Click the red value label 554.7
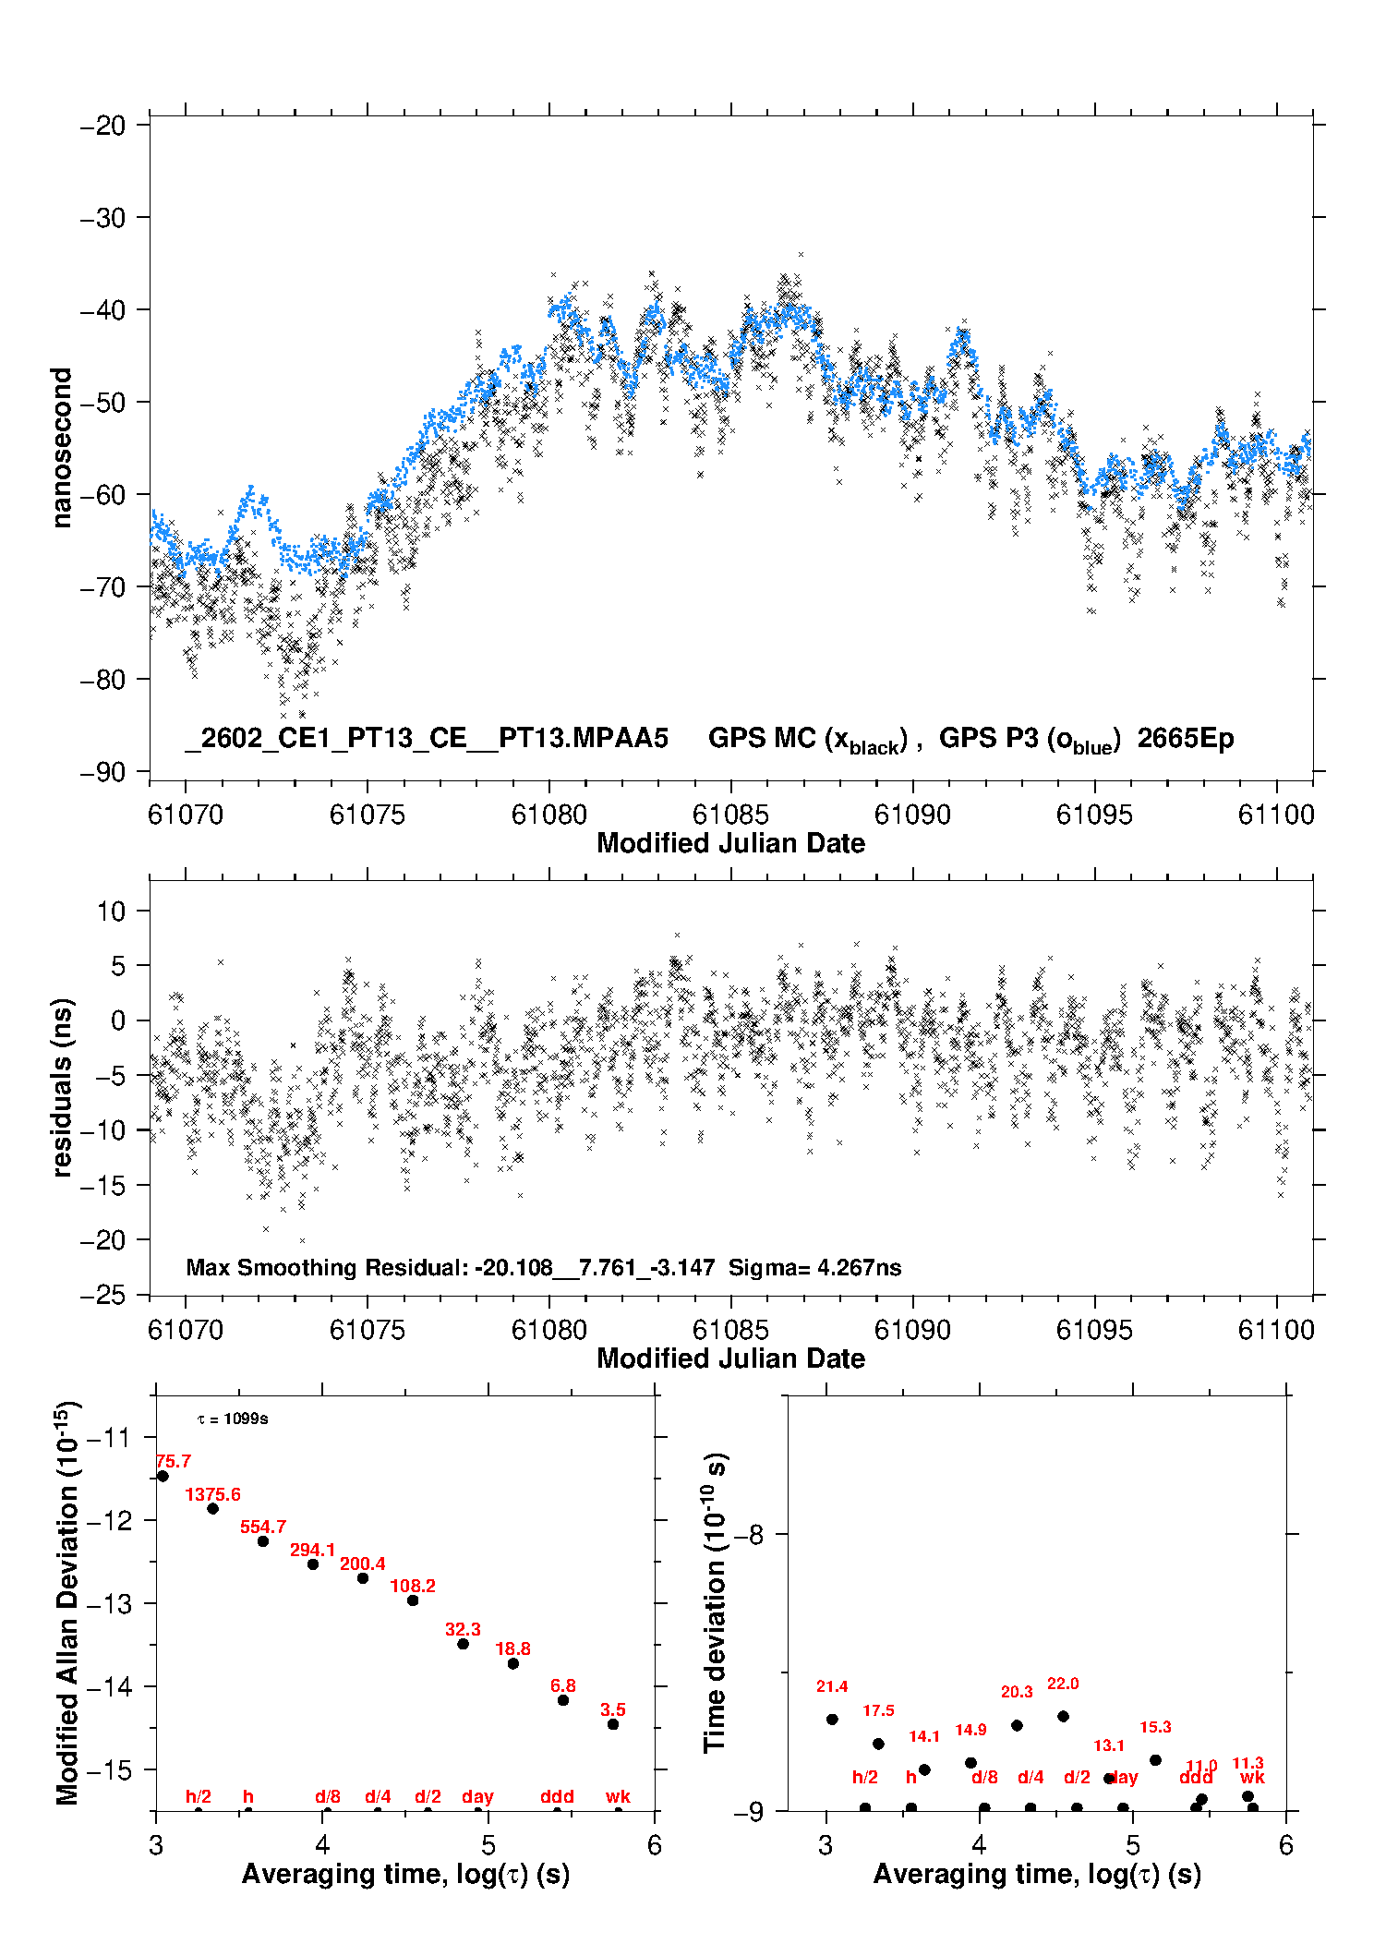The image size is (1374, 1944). pos(263,1527)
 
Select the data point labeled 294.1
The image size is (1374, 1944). pos(313,1564)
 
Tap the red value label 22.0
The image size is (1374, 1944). pos(1063,1684)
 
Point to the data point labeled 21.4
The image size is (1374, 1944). pos(832,1720)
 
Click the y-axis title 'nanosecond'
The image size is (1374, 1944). pos(61,448)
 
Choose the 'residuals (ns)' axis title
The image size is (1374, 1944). pos(61,1087)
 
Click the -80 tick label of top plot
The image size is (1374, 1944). pos(102,680)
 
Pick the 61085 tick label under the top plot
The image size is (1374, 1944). pos(730,815)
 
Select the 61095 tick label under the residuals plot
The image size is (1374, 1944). pos(1094,1330)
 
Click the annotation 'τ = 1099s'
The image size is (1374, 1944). pos(233,1419)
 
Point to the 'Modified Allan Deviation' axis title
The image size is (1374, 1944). pos(68,1602)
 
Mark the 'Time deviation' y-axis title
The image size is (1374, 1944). pos(716,1602)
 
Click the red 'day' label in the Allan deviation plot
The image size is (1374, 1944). pos(477,1796)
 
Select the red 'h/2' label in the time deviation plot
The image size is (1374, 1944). pos(865,1777)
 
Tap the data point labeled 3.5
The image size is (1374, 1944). pos(613,1724)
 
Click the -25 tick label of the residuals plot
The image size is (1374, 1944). pos(102,1296)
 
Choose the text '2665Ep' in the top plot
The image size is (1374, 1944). pos(1186,739)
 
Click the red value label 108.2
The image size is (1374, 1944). pos(413,1586)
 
